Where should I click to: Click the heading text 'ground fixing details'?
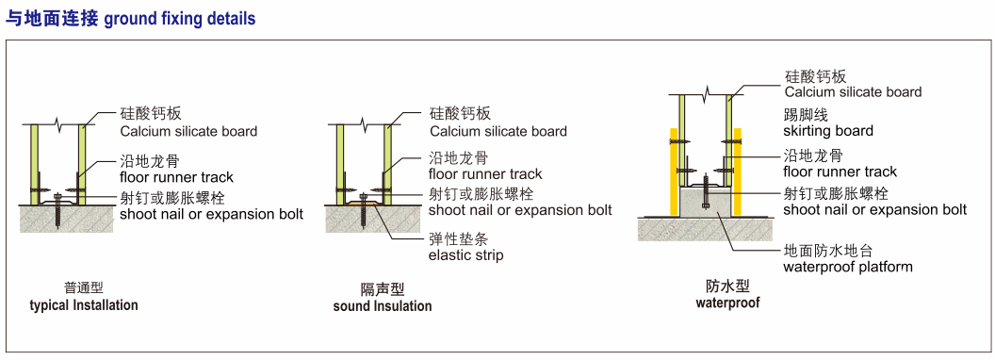tap(180, 19)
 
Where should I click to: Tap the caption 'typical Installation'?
tap(84, 305)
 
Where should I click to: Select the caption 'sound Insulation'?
tap(383, 306)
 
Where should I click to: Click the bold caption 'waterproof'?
tap(727, 303)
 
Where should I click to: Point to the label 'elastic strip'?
tap(466, 255)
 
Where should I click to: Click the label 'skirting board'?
tap(828, 131)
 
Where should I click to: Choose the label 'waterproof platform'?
tap(848, 267)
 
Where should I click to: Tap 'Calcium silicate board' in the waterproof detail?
tap(853, 92)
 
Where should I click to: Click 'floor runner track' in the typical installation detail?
tap(177, 177)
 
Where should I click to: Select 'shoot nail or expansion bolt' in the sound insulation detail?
tap(520, 209)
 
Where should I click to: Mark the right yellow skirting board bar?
tap(738, 172)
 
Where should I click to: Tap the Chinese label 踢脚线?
tap(806, 116)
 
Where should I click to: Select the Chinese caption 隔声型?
tap(382, 290)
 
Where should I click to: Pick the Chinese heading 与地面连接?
tap(52, 19)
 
